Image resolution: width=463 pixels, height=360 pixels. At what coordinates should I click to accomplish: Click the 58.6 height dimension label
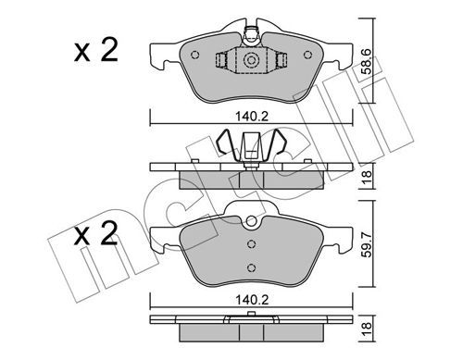pyautogui.click(x=367, y=62)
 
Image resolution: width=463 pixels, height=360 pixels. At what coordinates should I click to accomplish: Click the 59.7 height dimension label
pyautogui.click(x=367, y=245)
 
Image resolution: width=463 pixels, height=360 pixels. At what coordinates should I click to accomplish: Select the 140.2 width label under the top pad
pyautogui.click(x=252, y=117)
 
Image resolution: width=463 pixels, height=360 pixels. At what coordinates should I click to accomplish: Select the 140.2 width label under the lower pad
pyautogui.click(x=252, y=300)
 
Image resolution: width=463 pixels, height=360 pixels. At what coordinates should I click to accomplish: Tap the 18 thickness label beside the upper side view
pyautogui.click(x=367, y=177)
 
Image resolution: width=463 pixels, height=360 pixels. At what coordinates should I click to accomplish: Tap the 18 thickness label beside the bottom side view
pyautogui.click(x=367, y=329)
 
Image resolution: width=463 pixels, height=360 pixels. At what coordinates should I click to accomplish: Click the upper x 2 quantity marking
pyautogui.click(x=96, y=50)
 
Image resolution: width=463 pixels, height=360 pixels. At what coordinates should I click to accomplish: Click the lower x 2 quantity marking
pyautogui.click(x=96, y=233)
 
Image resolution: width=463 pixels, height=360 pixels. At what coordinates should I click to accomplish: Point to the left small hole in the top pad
pyautogui.click(x=195, y=55)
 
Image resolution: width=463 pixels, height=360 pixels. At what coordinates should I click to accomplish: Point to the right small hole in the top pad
pyautogui.click(x=307, y=55)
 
